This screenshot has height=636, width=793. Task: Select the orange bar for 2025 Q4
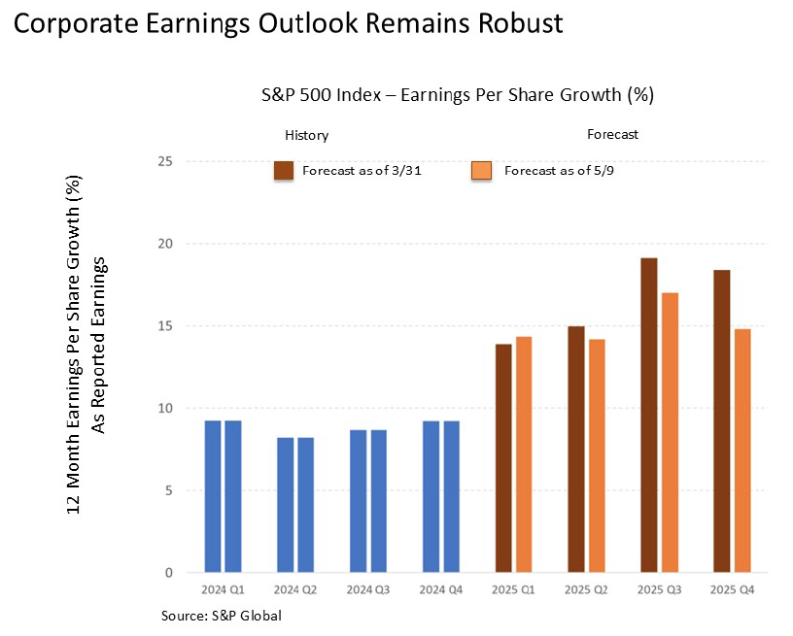click(742, 451)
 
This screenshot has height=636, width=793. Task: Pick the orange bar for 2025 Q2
click(597, 455)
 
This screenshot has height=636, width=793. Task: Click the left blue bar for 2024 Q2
click(285, 505)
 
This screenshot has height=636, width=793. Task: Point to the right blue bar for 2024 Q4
click(451, 496)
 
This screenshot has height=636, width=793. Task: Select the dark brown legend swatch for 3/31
click(284, 171)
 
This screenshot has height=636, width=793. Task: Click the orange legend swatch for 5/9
click(481, 171)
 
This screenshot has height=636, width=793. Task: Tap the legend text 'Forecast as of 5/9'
click(548, 171)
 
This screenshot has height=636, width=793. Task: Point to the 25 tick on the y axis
click(166, 161)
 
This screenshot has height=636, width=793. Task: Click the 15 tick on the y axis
click(166, 326)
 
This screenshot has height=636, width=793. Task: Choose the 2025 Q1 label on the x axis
click(513, 590)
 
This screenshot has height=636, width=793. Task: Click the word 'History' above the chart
click(306, 136)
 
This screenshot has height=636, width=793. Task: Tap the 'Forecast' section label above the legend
click(612, 134)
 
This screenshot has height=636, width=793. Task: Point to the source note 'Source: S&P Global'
click(223, 616)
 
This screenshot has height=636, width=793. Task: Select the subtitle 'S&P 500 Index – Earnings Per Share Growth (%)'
click(457, 95)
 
